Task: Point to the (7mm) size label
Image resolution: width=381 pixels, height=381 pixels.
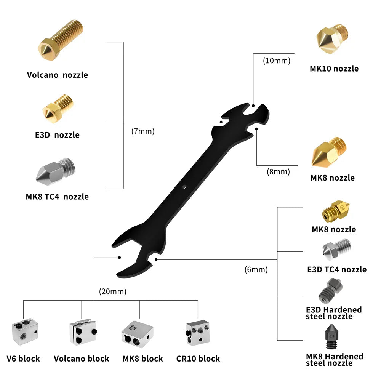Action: [142, 131]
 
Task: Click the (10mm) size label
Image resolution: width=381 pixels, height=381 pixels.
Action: [277, 60]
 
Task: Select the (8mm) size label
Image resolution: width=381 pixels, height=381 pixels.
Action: [278, 171]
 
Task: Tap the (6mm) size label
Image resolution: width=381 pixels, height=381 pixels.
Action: [256, 270]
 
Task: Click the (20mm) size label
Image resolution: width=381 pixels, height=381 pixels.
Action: [112, 292]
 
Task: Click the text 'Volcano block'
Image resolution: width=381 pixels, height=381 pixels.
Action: [82, 359]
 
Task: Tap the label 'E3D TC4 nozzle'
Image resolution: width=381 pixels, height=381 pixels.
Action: [337, 270]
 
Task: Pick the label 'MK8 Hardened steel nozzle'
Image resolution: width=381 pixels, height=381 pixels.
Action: [335, 359]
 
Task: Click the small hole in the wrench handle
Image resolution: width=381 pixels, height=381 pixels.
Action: [184, 187]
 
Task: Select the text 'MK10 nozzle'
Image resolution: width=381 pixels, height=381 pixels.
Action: [334, 69]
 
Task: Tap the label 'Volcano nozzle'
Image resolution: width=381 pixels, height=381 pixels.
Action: [57, 75]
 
